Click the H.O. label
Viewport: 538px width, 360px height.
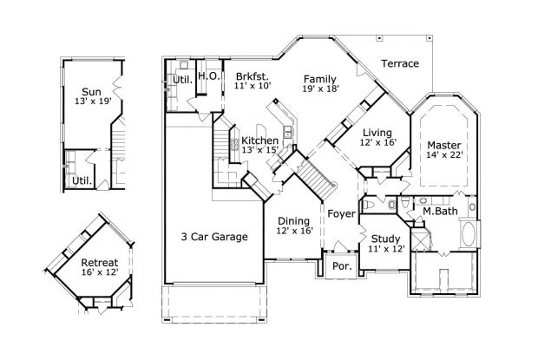[x=207, y=76]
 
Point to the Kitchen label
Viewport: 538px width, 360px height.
[x=259, y=141]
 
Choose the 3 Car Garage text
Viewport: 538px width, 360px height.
[x=214, y=237]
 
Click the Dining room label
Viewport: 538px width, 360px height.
[x=294, y=220]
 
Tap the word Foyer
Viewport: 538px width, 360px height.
[x=340, y=213]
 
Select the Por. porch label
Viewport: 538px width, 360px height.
[x=342, y=266]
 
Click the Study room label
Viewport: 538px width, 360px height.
[x=386, y=239]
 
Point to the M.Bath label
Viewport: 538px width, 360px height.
[x=440, y=211]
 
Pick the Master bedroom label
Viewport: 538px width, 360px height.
[x=443, y=144]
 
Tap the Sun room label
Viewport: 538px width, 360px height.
[x=91, y=91]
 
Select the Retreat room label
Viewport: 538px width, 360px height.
[x=99, y=262]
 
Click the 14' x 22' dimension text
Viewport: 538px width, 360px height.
[x=443, y=155]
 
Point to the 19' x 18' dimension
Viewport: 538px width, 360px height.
[x=320, y=88]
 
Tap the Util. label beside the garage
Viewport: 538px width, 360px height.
[x=181, y=80]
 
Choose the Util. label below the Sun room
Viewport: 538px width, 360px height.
[x=82, y=181]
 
